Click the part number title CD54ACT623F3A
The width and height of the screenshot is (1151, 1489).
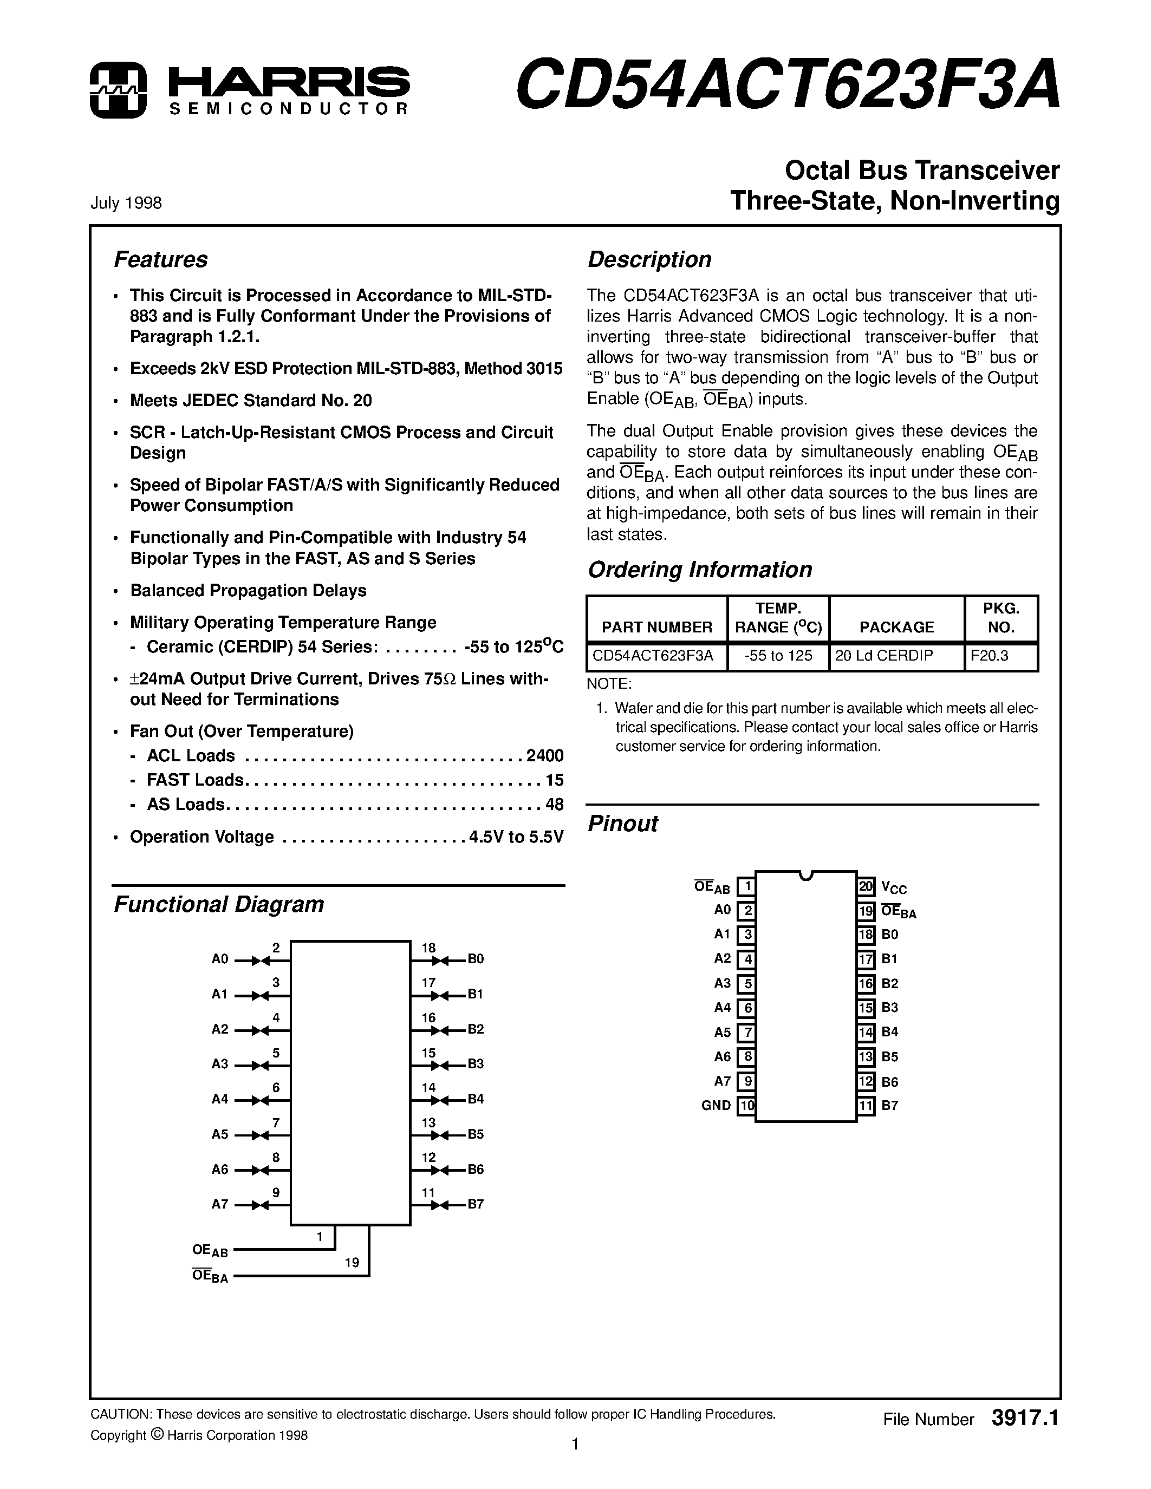click(788, 84)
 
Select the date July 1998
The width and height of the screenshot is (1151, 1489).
click(126, 203)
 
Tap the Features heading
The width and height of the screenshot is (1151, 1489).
click(160, 260)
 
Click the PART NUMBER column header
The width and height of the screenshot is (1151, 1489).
click(656, 626)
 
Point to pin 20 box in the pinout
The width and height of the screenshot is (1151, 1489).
click(866, 886)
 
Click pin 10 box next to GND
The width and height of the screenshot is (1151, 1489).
click(746, 1106)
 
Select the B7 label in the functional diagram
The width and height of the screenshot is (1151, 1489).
click(475, 1205)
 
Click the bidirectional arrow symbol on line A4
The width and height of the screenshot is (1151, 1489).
click(261, 1100)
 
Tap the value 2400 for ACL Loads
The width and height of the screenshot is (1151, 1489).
click(544, 755)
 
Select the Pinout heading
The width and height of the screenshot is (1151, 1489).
click(622, 824)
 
